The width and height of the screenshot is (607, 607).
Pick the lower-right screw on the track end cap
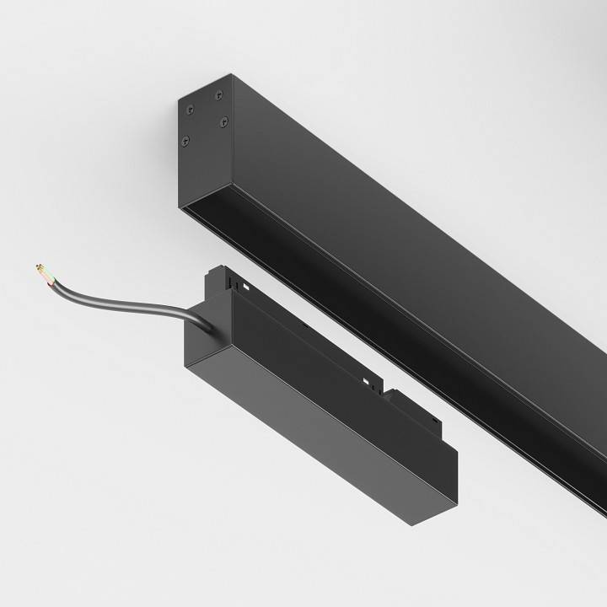(x=223, y=122)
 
